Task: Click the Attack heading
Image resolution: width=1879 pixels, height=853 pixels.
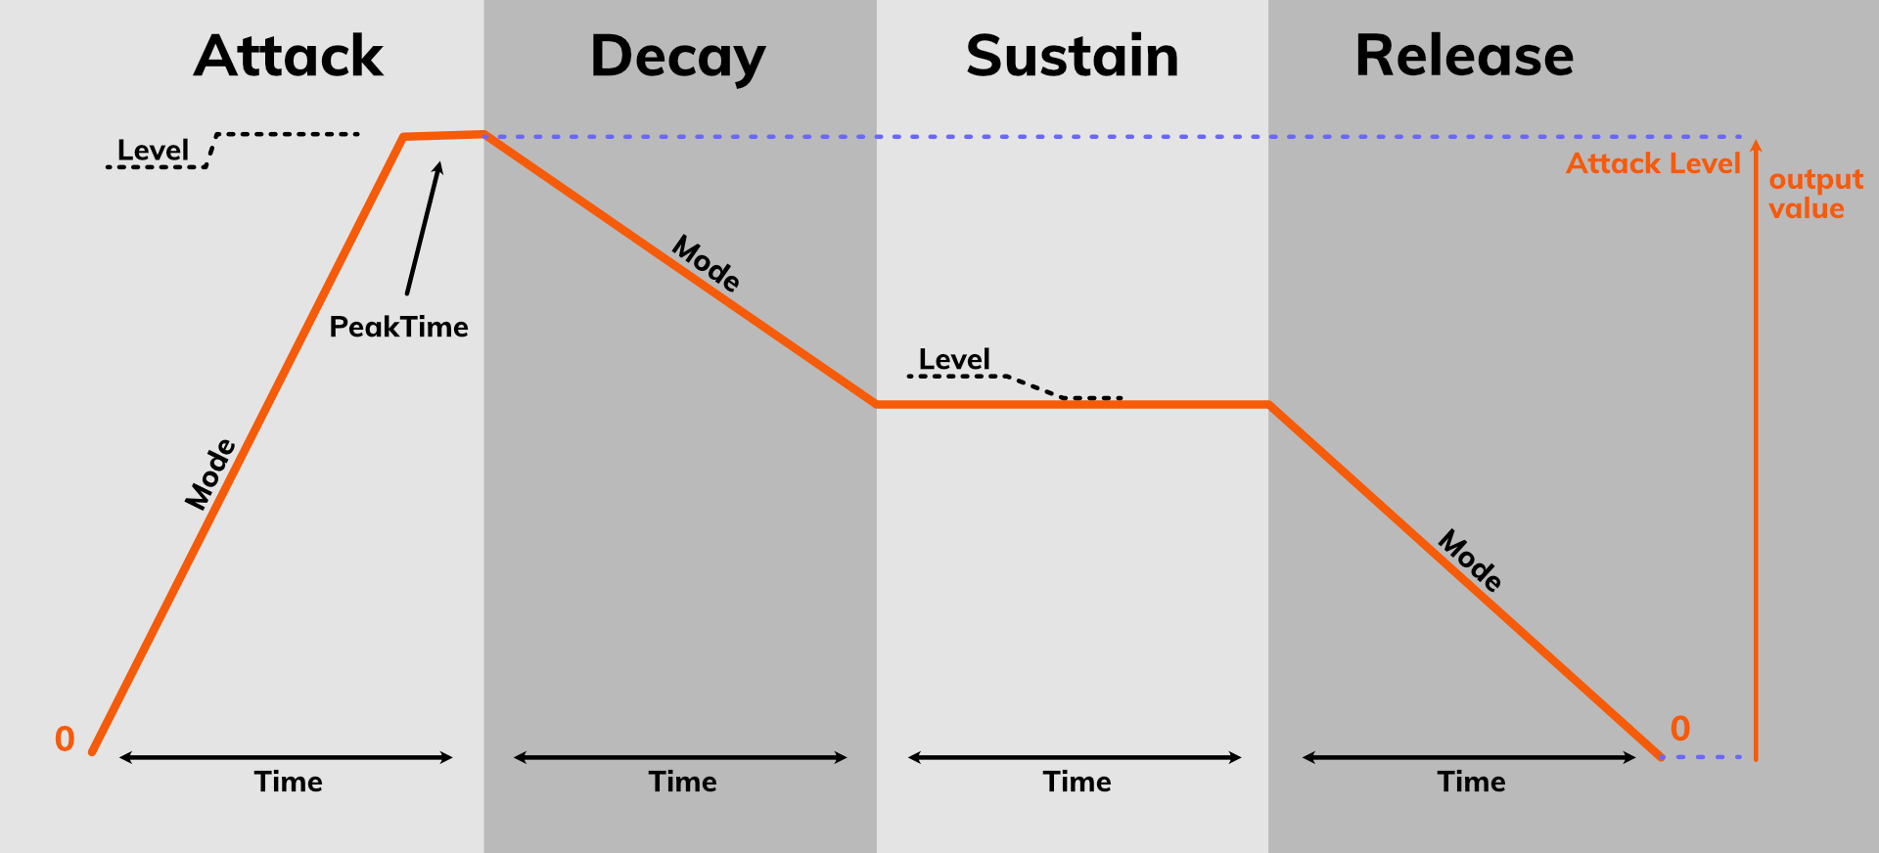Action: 289,56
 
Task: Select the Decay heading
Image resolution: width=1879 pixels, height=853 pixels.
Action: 677,57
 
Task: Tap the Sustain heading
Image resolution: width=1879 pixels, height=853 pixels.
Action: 1072,56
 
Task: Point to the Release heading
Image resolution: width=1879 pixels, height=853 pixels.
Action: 1464,56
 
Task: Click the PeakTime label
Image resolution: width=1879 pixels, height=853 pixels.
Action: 398,327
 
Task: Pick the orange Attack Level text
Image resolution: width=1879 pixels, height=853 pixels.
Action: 1653,163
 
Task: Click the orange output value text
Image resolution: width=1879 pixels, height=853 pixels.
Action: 1815,194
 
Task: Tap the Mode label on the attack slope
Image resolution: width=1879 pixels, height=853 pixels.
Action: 210,474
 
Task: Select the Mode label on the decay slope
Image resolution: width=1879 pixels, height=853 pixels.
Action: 706,264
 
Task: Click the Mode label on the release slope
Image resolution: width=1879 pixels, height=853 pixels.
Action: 1470,561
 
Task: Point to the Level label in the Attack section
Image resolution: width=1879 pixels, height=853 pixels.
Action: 153,151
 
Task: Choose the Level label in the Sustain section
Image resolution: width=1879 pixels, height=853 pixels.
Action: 954,359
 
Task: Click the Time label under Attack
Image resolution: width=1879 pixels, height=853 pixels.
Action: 288,782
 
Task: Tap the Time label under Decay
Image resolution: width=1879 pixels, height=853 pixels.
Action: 682,782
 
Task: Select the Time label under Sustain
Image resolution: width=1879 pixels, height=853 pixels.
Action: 1077,782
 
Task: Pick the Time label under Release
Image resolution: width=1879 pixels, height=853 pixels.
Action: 1471,782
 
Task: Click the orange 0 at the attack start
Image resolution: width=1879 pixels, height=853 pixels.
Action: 65,739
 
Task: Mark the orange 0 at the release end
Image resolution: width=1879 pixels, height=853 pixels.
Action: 1680,729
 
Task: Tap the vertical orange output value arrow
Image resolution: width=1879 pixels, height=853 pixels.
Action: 1756,450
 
